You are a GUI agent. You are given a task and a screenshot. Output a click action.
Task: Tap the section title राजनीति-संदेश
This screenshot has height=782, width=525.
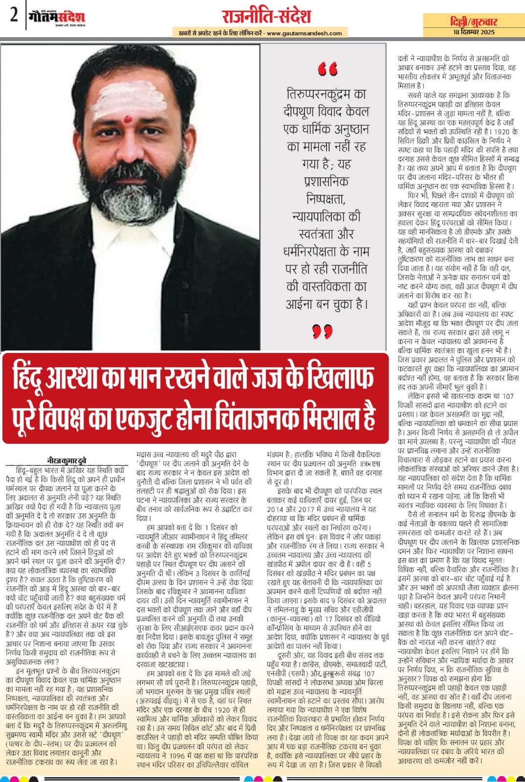click(266, 16)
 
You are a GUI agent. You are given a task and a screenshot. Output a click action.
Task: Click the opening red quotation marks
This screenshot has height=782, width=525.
click(327, 70)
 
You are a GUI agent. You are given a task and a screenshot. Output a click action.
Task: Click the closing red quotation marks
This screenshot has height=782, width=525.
click(323, 332)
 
